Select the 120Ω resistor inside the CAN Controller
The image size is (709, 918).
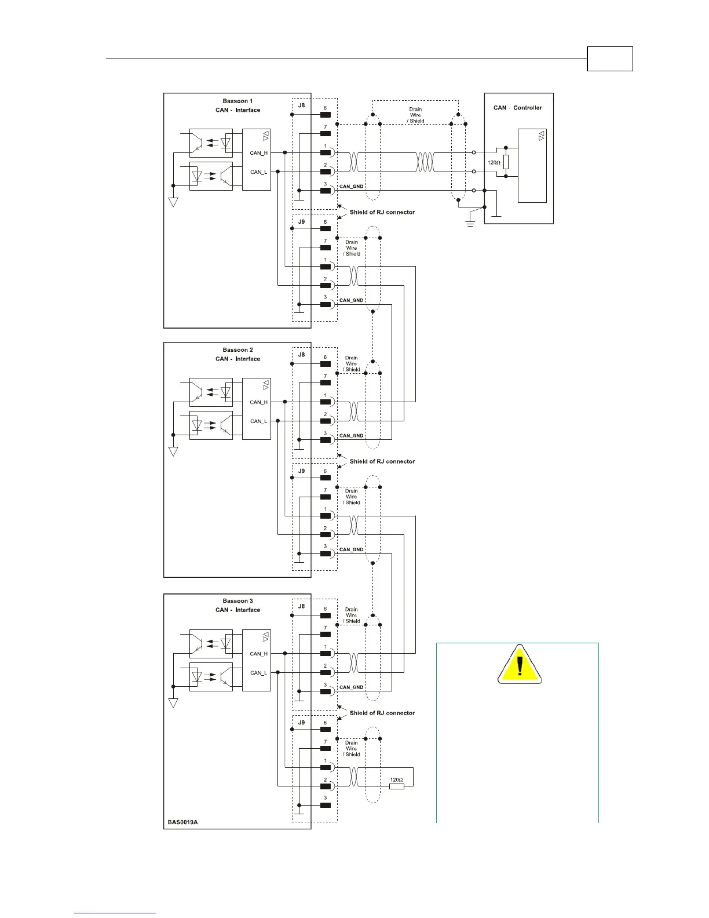click(506, 162)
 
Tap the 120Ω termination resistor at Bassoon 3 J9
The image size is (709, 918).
click(396, 786)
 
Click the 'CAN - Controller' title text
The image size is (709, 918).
click(517, 108)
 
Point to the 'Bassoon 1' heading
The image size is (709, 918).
click(237, 101)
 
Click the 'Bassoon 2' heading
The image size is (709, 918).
click(237, 350)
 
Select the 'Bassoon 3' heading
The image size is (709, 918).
click(237, 601)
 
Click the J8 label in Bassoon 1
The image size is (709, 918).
click(301, 106)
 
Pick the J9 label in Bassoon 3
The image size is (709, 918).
click(301, 723)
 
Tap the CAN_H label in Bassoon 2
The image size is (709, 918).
click(258, 402)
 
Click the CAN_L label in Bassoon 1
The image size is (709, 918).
click(258, 172)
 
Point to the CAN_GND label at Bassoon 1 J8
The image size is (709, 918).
click(351, 187)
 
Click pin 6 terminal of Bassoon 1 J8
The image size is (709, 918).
click(325, 115)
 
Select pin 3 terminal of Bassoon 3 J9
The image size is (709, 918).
click(325, 805)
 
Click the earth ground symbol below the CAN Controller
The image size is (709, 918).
click(470, 223)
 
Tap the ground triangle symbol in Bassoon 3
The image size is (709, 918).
click(173, 703)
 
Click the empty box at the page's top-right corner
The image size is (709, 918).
click(609, 59)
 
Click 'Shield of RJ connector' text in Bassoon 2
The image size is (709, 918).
click(382, 462)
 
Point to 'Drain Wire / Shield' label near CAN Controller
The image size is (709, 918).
click(415, 115)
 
